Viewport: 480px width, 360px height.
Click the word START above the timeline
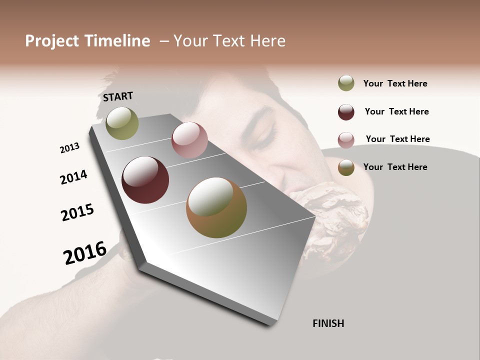click(118, 96)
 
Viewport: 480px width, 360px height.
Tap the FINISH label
click(328, 323)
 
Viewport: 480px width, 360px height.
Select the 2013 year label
click(69, 148)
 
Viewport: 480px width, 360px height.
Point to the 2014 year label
click(73, 177)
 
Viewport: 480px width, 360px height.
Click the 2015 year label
click(77, 212)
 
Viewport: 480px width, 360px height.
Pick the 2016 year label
click(85, 252)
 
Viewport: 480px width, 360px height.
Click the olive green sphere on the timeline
click(122, 123)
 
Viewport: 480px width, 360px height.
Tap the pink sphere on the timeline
click(189, 140)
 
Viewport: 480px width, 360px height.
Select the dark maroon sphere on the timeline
click(145, 180)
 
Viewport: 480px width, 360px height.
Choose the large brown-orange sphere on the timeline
click(216, 207)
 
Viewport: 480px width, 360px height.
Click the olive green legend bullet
click(346, 83)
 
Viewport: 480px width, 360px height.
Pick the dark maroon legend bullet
click(346, 112)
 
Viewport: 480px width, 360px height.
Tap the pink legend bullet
click(346, 140)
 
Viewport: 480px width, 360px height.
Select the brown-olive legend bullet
click(346, 167)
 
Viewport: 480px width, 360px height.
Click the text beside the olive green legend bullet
click(395, 83)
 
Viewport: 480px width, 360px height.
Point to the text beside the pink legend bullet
click(397, 139)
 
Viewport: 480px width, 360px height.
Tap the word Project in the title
click(52, 41)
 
